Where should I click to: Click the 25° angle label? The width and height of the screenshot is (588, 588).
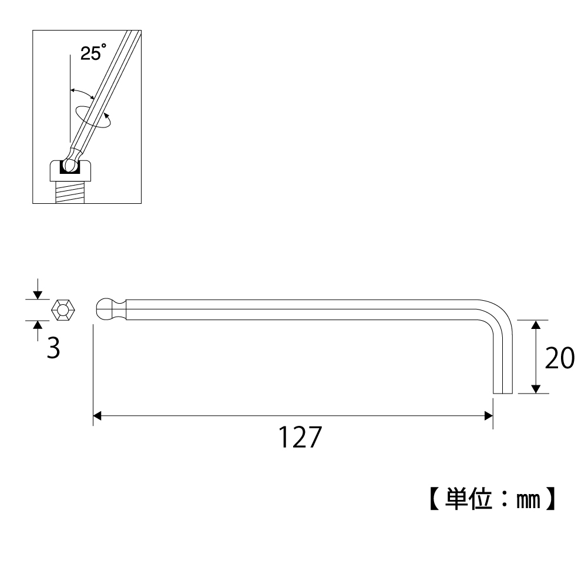click(93, 54)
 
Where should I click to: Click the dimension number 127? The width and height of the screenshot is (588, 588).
click(300, 438)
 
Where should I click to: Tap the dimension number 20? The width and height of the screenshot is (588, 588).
click(559, 358)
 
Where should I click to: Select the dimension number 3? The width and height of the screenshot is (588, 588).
click(53, 348)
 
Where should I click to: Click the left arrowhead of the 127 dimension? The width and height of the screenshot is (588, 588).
click(98, 416)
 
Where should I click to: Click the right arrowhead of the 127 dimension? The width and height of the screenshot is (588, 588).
click(488, 416)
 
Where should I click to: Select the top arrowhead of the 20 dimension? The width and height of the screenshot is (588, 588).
click(535, 325)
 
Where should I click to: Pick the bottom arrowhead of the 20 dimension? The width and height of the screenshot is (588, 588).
click(535, 389)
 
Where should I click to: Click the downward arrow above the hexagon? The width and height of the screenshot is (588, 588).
click(38, 294)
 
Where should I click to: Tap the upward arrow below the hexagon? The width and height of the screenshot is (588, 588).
click(38, 325)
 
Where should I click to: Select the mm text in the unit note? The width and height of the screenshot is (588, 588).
click(525, 500)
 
